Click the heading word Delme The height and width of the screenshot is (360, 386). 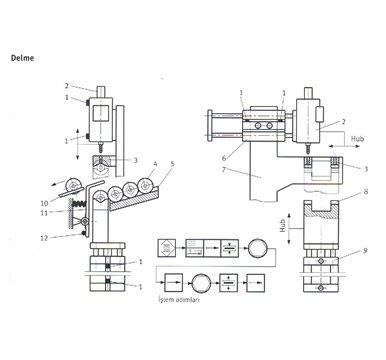tap(22, 58)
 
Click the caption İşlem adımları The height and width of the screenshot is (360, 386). tap(179, 300)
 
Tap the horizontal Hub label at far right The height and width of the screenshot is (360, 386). tap(357, 139)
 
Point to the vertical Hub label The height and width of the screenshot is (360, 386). tap(283, 226)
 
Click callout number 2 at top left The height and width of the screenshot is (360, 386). tap(67, 86)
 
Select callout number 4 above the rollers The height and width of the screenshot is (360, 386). tap(154, 164)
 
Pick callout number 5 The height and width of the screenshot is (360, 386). tap(172, 164)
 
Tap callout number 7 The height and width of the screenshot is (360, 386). tap(224, 170)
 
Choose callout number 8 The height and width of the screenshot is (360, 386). tap(366, 192)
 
